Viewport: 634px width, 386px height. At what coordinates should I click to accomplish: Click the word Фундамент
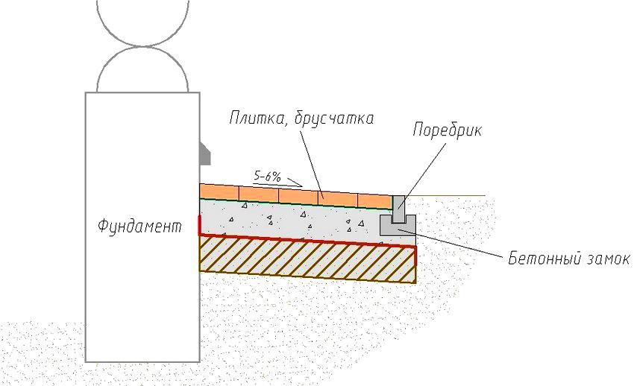tap(139, 227)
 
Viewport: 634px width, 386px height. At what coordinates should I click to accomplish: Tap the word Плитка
tap(257, 119)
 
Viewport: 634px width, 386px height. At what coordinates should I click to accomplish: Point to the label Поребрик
tap(448, 131)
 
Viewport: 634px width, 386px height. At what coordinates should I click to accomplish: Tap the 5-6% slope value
tap(267, 177)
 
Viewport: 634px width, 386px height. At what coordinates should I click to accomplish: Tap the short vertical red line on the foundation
tap(199, 225)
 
